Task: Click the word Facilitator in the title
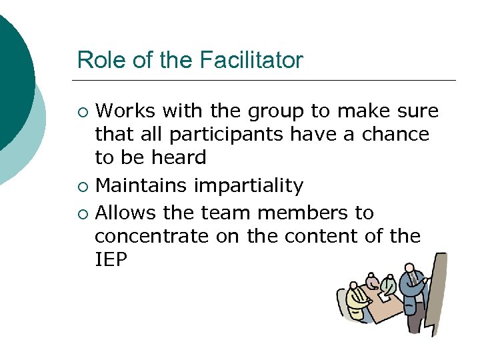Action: (251, 61)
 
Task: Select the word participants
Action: (227, 134)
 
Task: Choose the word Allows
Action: (127, 213)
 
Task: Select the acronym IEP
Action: (111, 260)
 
